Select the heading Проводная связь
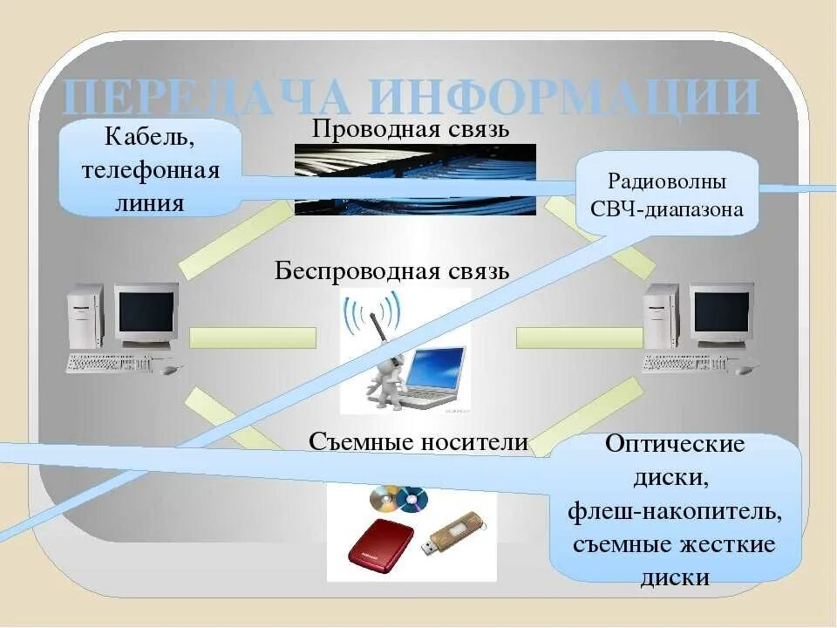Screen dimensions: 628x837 coord(410,130)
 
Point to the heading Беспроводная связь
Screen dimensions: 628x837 coord(392,270)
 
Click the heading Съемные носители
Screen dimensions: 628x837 coord(418,442)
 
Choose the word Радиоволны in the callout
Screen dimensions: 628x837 coord(667,182)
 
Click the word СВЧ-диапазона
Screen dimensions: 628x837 coord(667,209)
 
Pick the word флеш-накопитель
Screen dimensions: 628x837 coord(675,510)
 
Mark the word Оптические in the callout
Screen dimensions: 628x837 coord(675,445)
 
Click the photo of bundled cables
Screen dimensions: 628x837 coord(415,179)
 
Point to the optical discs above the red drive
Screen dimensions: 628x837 coord(399,499)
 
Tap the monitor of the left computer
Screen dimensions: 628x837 coord(146,312)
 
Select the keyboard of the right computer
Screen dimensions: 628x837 coord(685,363)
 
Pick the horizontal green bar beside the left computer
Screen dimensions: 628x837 coord(252,338)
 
